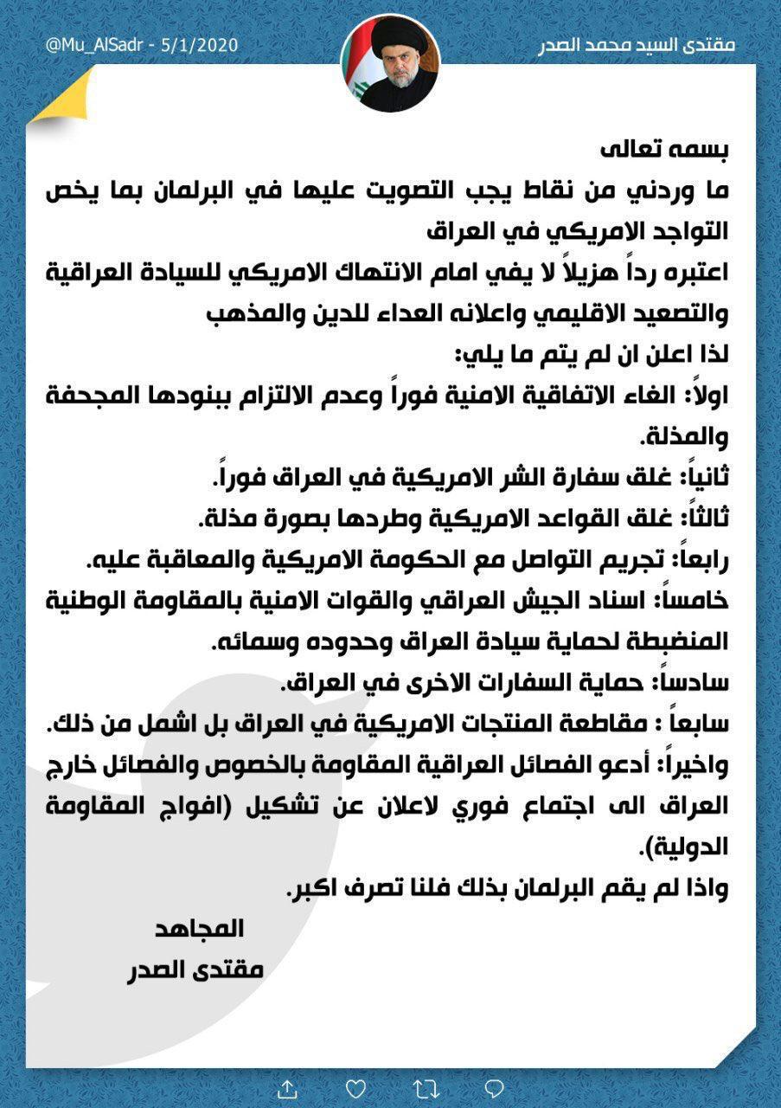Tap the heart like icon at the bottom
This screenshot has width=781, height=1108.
355,1086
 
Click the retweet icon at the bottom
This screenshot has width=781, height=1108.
425,1086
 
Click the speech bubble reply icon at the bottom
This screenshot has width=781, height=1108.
494,1086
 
